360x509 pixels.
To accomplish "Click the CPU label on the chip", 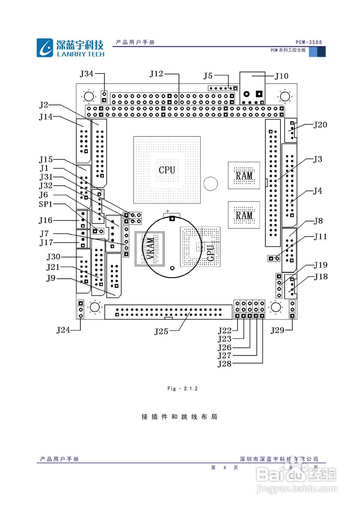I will tap(167, 170).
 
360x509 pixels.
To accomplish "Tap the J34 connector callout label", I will tap(87, 74).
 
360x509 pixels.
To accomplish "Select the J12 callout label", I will tap(156, 74).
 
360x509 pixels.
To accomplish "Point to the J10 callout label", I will tap(282, 76).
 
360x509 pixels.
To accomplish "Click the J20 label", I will tap(320, 125).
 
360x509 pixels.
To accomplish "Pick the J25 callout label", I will tap(162, 331).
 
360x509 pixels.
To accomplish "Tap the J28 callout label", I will tap(225, 363).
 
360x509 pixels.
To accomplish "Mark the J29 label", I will tap(278, 330).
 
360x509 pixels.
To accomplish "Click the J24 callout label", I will tap(63, 330).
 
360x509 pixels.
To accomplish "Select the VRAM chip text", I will tap(150, 249).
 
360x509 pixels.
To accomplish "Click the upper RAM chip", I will tap(244, 175).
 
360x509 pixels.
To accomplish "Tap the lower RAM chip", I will tap(244, 215).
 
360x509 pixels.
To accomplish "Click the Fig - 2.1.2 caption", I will tap(182, 389).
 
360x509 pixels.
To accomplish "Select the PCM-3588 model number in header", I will tap(309, 43).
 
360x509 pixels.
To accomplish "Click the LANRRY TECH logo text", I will tap(80, 54).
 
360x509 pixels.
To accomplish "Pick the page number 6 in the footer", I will tap(225, 468).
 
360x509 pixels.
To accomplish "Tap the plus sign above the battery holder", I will tap(168, 211).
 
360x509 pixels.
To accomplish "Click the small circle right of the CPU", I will tap(210, 183).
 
